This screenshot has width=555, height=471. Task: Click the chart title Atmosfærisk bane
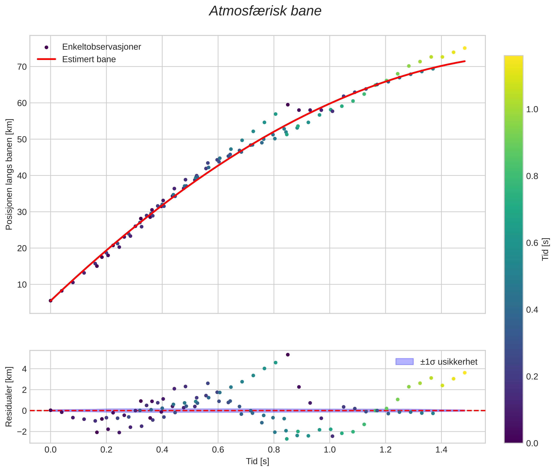(x=265, y=11)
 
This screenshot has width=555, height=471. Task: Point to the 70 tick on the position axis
(x=22, y=67)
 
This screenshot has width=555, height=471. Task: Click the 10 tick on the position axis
(x=22, y=285)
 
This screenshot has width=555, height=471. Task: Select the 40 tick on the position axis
(x=22, y=176)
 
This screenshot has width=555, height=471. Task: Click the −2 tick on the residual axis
(x=21, y=432)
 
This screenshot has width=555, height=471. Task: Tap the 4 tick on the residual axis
(x=24, y=369)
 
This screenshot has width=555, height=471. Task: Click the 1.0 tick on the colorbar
(x=532, y=109)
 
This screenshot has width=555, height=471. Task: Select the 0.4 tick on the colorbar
(x=532, y=310)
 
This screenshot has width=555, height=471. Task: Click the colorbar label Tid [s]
(x=546, y=249)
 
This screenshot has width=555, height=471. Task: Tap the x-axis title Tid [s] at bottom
(x=257, y=461)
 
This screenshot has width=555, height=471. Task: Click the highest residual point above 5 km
(x=288, y=355)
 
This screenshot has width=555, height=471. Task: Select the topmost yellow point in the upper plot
(x=464, y=48)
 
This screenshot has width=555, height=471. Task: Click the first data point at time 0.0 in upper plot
(x=50, y=301)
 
